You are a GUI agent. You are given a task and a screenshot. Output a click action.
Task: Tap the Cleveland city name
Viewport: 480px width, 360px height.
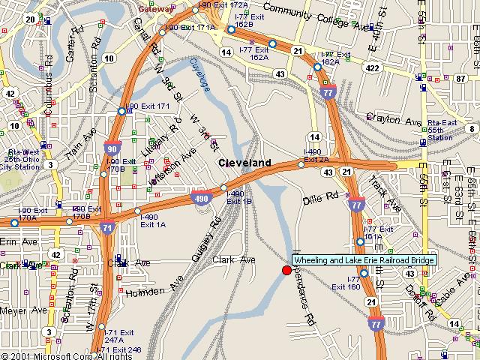[244, 163]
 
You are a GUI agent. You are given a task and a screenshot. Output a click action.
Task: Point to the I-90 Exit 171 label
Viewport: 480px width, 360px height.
[148, 106]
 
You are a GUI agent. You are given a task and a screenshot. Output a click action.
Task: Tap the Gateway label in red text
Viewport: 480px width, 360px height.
[155, 8]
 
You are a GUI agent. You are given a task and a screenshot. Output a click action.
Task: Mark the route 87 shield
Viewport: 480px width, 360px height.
[460, 78]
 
